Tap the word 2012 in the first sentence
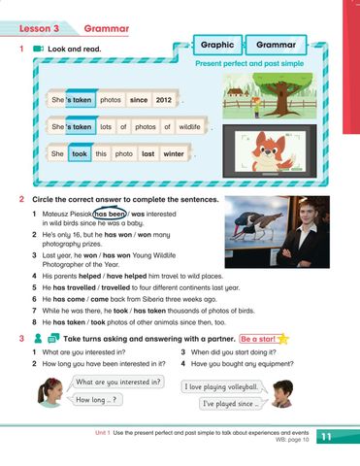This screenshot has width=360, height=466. pos(163,99)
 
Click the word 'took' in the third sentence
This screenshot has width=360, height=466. pos(80,153)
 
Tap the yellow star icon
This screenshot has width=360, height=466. pos(283,338)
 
